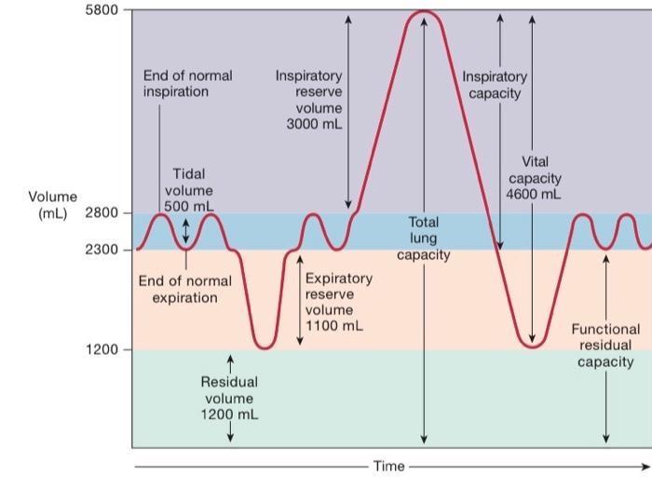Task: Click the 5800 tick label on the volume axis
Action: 102,10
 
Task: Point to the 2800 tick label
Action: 102,212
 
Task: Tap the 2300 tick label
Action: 102,250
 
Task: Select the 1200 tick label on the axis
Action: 102,349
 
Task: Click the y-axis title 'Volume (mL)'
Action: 52,205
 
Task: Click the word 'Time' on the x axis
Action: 389,466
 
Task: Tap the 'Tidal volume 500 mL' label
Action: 189,190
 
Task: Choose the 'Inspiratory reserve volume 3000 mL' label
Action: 308,100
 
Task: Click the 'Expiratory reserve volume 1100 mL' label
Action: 338,302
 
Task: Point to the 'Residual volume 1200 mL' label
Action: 229,398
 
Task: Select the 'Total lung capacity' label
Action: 424,238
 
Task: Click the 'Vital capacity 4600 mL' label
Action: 534,177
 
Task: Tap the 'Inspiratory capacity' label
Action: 495,85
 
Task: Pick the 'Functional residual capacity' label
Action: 605,345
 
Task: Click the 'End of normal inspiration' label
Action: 187,83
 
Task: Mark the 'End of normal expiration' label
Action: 184,289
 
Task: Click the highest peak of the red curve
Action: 424,12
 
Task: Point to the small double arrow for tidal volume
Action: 185,231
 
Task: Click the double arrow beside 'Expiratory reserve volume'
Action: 300,301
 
